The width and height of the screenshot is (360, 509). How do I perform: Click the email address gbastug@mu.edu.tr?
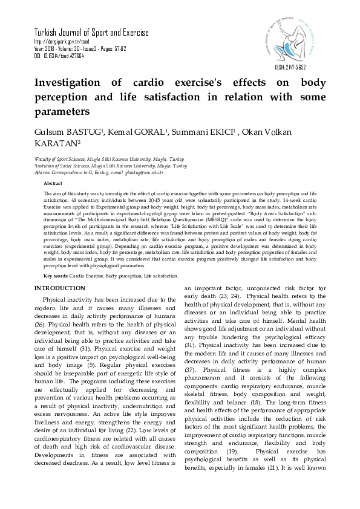pos(144,172)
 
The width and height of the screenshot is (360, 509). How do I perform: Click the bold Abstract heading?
pos(53,183)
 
